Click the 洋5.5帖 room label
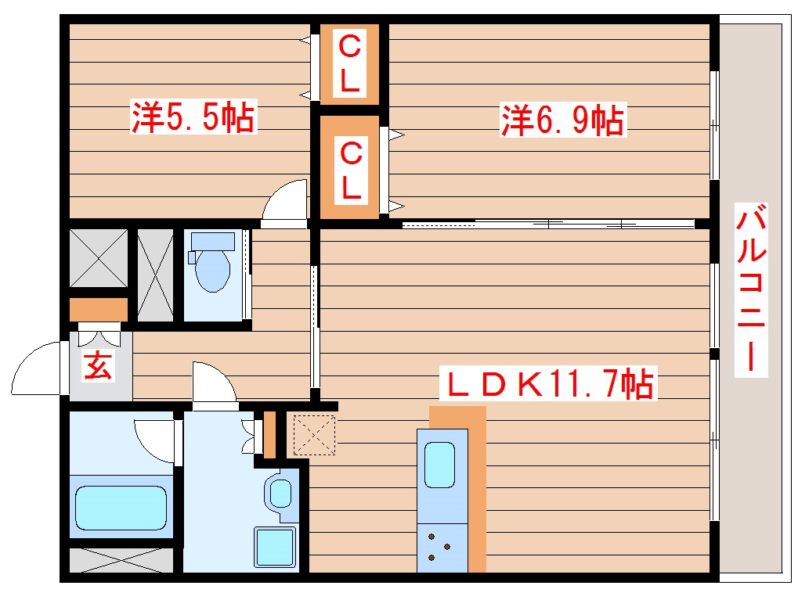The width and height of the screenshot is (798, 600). click(x=193, y=118)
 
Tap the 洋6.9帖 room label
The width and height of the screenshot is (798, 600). click(x=562, y=120)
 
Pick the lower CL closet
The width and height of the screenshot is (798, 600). click(x=350, y=167)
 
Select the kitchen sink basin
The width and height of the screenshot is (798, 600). click(x=439, y=465)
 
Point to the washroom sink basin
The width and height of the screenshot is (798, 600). click(x=280, y=493)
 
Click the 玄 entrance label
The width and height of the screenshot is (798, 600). click(x=98, y=365)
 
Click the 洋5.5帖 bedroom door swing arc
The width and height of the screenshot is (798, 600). click(x=283, y=201)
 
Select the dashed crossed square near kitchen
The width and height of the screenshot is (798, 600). click(x=313, y=435)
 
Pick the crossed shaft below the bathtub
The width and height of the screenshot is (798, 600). click(x=121, y=561)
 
